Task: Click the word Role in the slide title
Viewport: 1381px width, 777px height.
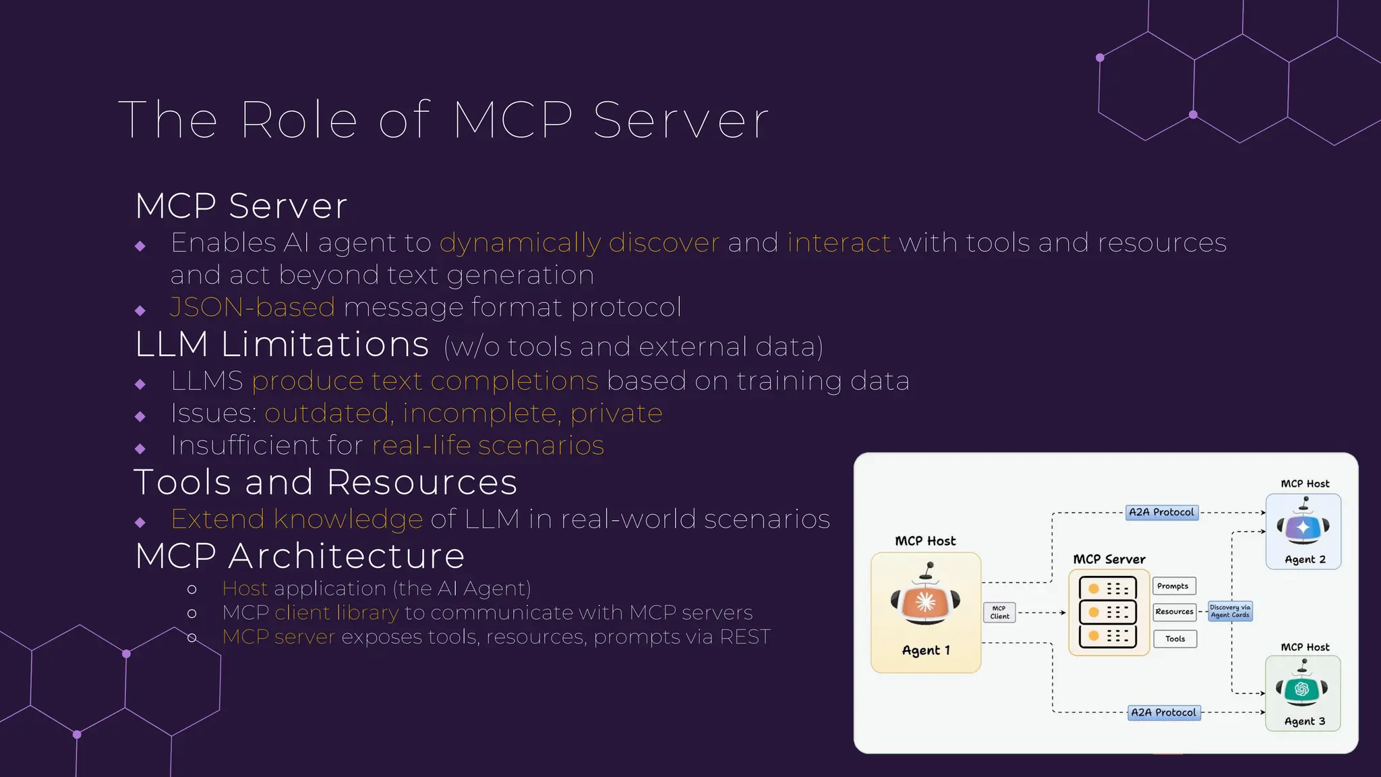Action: (298, 120)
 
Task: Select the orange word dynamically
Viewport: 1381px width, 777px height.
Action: (520, 243)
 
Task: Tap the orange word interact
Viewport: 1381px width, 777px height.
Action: (839, 243)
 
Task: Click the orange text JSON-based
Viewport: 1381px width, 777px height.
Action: (252, 308)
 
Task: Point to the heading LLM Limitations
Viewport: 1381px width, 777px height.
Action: (282, 345)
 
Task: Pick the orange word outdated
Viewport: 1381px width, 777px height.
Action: (327, 413)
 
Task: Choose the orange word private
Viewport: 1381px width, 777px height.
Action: (616, 413)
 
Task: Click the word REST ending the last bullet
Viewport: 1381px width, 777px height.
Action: (744, 637)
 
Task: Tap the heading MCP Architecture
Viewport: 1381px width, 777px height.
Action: (300, 556)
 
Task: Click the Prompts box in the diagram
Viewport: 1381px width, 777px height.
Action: (1173, 586)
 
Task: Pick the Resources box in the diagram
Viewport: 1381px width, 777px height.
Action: (1174, 612)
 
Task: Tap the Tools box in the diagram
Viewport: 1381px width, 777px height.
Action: (1175, 639)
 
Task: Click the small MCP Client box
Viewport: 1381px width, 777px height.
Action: (999, 612)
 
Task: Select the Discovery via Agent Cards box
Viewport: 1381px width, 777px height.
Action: (1230, 611)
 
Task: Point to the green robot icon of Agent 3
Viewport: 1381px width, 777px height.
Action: (1302, 687)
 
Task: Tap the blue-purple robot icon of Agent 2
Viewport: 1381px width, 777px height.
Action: (1303, 525)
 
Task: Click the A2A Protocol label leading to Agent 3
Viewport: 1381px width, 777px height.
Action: (1164, 712)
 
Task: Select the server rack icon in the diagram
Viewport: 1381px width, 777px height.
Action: (1108, 612)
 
